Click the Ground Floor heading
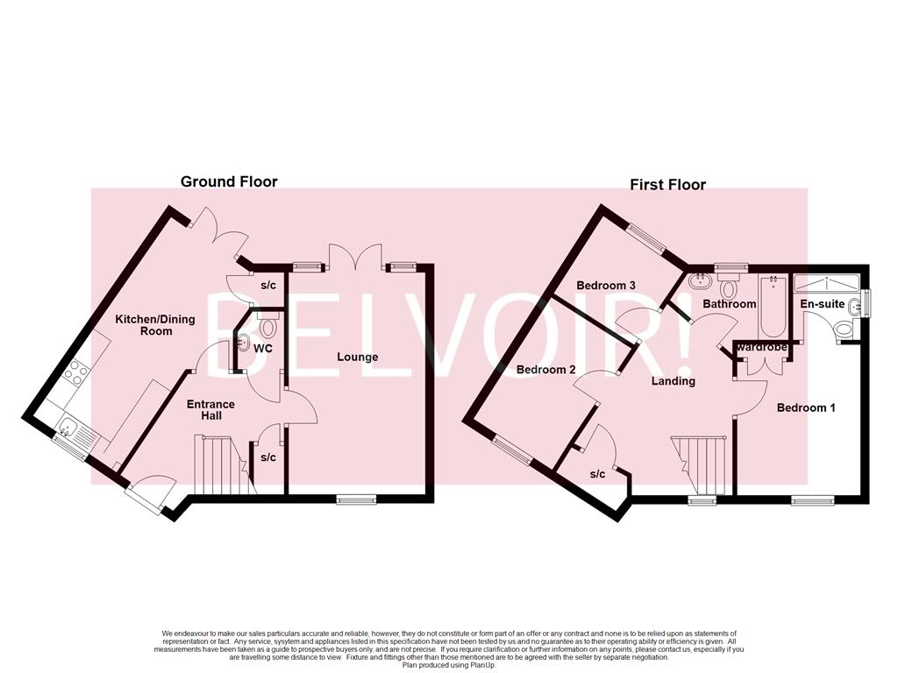[x=229, y=181]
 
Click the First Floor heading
[x=667, y=184]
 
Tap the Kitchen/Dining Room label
[x=144, y=325]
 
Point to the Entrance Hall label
[x=210, y=409]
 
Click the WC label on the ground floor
[x=263, y=348]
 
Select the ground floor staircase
[x=219, y=464]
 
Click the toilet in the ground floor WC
[x=269, y=326]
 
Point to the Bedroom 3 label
[x=606, y=286]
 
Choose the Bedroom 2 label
[x=545, y=370]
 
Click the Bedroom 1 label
[x=807, y=407]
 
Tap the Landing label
[x=673, y=381]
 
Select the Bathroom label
[x=729, y=304]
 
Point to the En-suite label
[x=822, y=304]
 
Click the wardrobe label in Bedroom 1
[x=762, y=348]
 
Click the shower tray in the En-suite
[x=827, y=283]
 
